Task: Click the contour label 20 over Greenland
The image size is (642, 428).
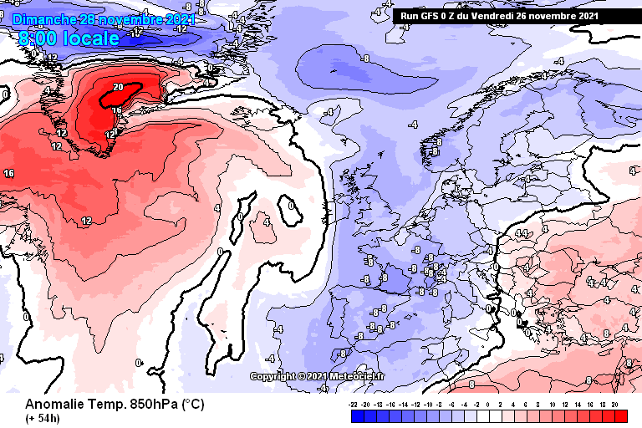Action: (118, 87)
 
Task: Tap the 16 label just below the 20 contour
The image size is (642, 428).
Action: (117, 110)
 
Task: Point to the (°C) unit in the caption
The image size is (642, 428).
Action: (193, 404)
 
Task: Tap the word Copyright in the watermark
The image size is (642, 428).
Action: (271, 376)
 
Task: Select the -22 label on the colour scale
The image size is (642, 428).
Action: (354, 404)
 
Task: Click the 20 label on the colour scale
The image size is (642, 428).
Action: (614, 404)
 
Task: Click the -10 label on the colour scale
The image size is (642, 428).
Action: (428, 404)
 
